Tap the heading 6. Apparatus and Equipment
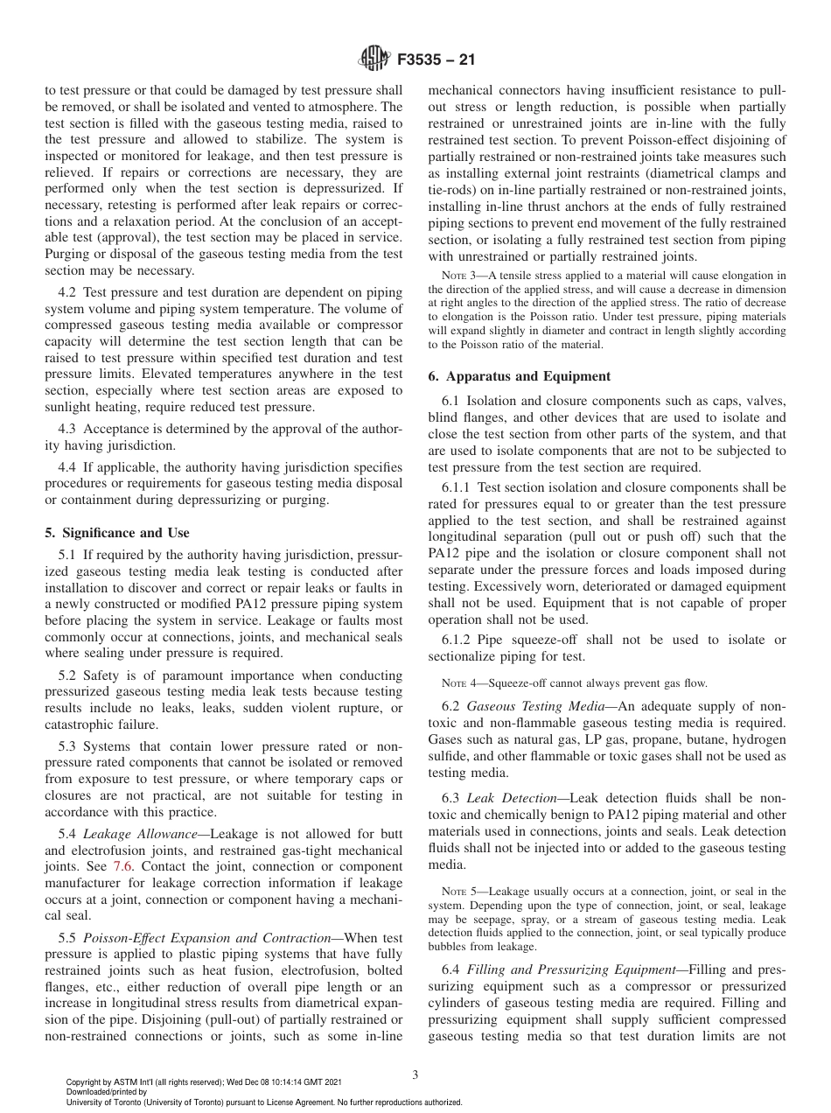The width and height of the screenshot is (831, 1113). [x=519, y=376]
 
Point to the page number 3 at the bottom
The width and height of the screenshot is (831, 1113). [x=415, y=1075]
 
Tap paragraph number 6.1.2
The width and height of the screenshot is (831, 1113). [x=457, y=640]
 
